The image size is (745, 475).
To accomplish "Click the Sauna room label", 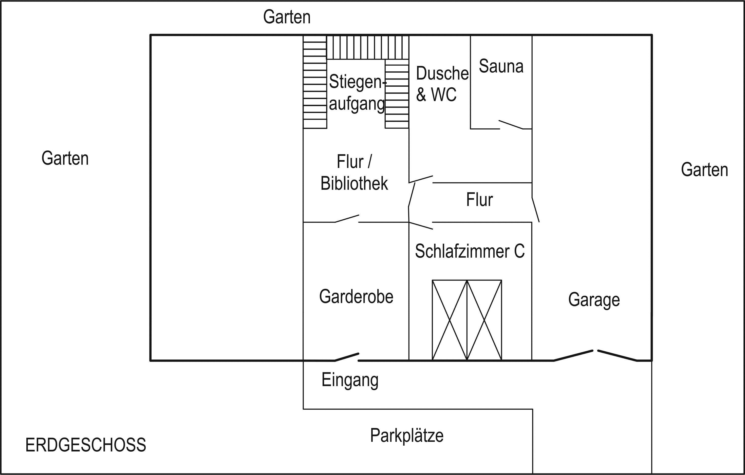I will click(501, 66).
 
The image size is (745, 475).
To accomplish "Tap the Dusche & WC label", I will click(441, 84).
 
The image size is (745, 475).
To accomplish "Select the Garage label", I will click(594, 299).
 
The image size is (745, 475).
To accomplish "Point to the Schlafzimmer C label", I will click(469, 251).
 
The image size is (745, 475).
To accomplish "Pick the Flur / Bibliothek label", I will click(354, 172).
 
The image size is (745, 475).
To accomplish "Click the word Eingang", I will click(350, 380).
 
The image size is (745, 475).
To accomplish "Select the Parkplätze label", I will click(406, 435).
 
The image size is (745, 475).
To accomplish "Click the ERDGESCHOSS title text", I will click(85, 445).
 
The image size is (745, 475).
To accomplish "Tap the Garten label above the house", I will click(287, 17).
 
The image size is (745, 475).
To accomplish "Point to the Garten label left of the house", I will click(65, 158).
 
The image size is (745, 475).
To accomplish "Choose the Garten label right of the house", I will click(704, 169).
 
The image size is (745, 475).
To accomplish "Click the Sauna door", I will click(511, 125).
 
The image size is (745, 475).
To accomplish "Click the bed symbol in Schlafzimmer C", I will click(467, 320).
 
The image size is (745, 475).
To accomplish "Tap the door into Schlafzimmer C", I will click(421, 226).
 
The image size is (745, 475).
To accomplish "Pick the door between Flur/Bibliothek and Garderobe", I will click(347, 219).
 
